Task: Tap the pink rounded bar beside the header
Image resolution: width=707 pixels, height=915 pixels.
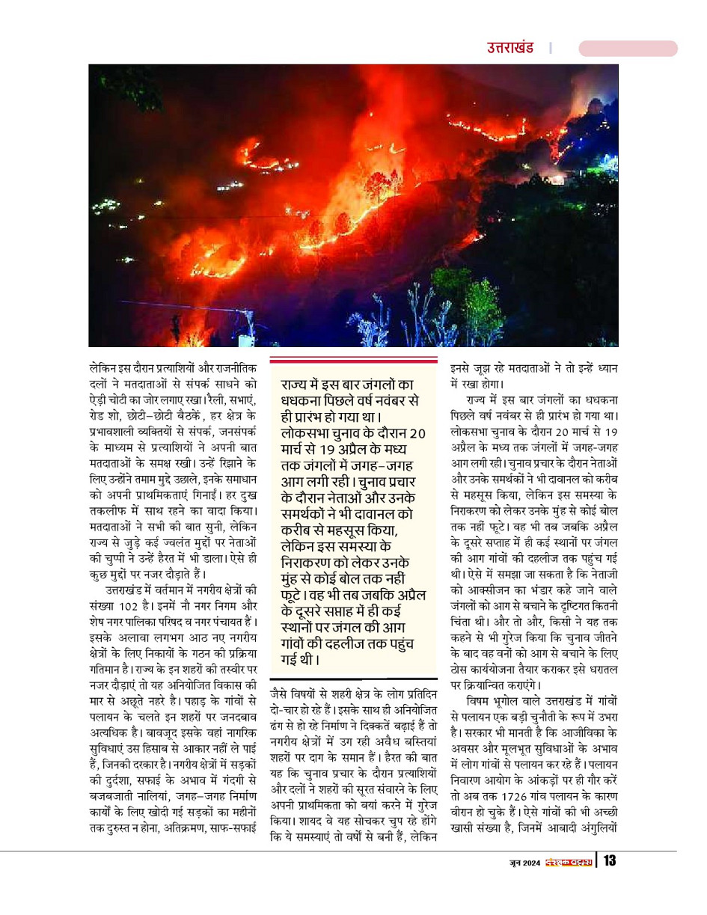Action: [628, 49]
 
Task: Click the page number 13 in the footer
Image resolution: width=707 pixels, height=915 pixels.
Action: [610, 860]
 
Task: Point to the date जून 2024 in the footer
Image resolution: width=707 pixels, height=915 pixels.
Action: [521, 861]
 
